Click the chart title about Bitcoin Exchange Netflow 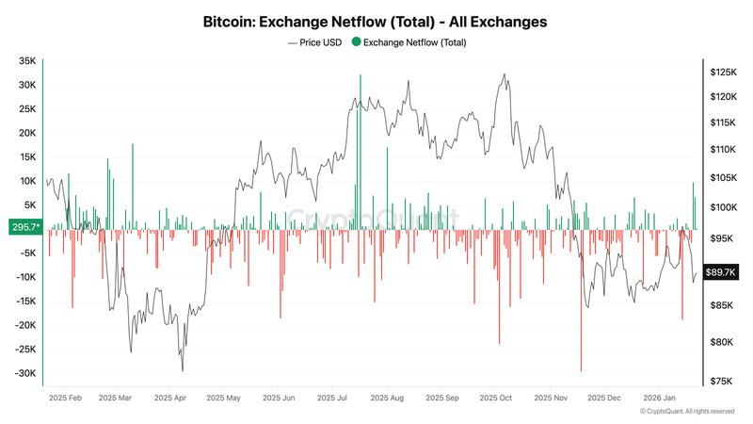376,20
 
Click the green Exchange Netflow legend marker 355,42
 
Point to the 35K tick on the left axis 26,60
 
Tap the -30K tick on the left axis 24,373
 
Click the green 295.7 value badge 23,227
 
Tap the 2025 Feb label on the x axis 66,399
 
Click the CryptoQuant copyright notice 686,412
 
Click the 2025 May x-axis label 224,399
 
